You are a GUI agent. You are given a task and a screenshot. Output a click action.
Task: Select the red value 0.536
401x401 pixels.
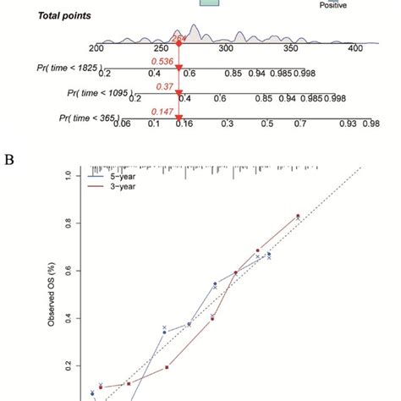[163, 62]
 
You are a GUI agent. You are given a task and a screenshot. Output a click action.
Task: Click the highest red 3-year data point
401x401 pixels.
[297, 216]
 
